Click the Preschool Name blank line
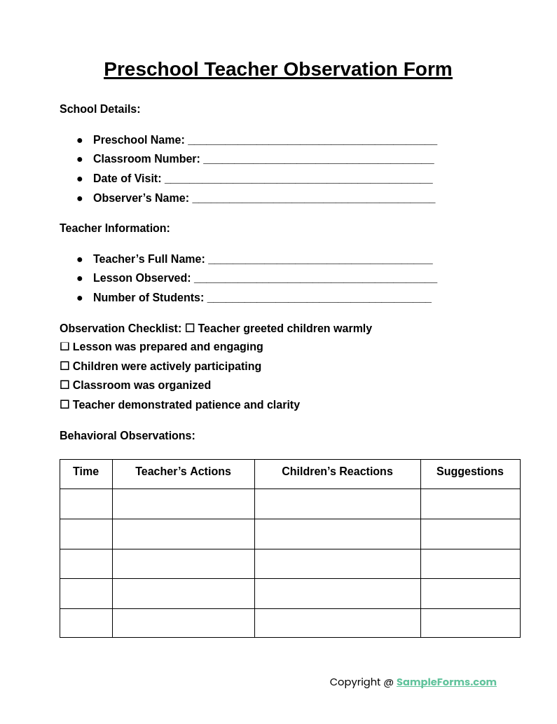click(x=312, y=141)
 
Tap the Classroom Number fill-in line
click(x=318, y=160)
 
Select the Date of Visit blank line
click(x=298, y=179)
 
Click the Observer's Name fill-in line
click(x=313, y=199)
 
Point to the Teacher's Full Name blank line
click(x=320, y=260)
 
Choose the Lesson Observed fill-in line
click(x=315, y=279)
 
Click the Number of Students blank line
click(x=319, y=299)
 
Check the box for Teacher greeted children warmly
click(x=190, y=329)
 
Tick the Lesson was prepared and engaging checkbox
click(x=64, y=347)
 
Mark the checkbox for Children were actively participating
click(x=64, y=367)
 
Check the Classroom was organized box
click(x=64, y=385)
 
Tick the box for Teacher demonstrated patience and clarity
click(x=64, y=405)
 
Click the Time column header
click(x=85, y=472)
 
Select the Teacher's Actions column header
click(x=183, y=472)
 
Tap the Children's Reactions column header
click(x=337, y=472)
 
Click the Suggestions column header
click(x=469, y=472)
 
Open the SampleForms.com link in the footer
click(x=446, y=682)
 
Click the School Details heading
click(x=99, y=109)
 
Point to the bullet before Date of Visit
click(x=80, y=179)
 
